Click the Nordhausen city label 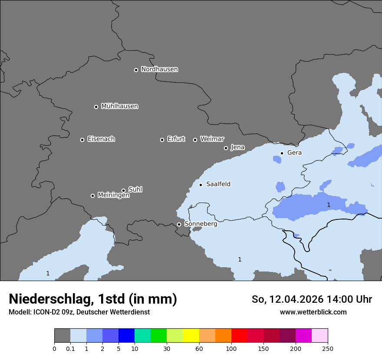[159, 69]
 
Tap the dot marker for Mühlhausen [96, 107]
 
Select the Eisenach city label [101, 139]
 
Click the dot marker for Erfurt [162, 140]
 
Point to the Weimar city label [212, 139]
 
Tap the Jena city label [237, 147]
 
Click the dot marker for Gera [282, 153]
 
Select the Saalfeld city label [218, 184]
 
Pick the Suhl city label [135, 190]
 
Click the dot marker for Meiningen [92, 196]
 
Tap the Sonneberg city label [201, 224]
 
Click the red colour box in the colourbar [239, 336]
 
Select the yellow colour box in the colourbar [191, 336]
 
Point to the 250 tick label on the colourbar [328, 348]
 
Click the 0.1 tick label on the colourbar [70, 348]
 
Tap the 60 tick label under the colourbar [199, 348]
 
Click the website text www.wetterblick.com [313, 312]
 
